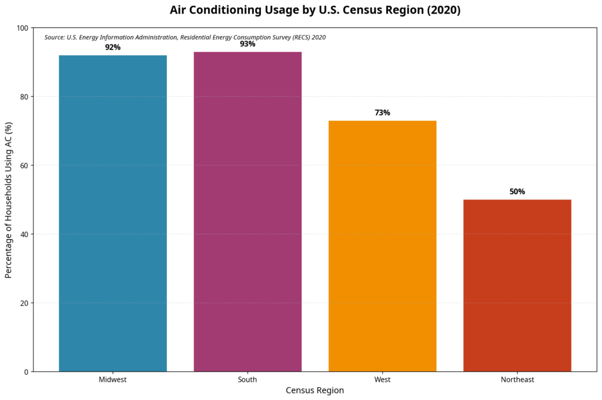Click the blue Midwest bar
(113, 213)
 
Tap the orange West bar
(382, 246)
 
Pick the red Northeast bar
(517, 285)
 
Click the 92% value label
(113, 47)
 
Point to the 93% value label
(248, 44)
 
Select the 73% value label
(382, 113)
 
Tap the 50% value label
(517, 192)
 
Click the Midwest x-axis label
(113, 380)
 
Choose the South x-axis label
(248, 380)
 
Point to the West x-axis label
(382, 380)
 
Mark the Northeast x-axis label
(517, 380)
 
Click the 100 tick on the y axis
(22, 28)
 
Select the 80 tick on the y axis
(24, 96)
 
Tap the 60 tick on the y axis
(24, 165)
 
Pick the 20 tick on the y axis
(24, 303)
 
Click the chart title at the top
(315, 10)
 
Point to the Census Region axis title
(315, 391)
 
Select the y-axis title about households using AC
(9, 200)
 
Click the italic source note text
(185, 37)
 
